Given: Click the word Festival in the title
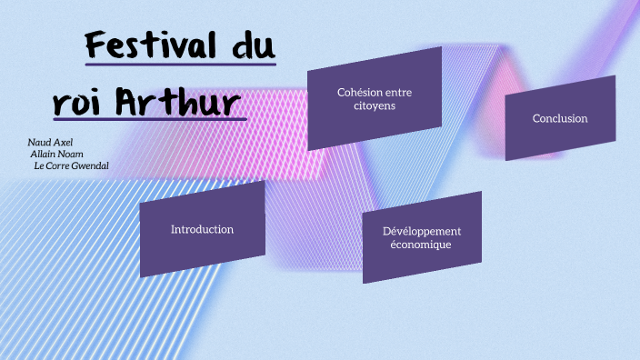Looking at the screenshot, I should point(150,45).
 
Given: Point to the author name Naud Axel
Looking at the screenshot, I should point(50,143).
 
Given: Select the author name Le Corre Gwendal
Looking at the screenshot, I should point(71,166).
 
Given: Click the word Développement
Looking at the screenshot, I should point(422,231).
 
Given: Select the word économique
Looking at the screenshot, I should point(421,245).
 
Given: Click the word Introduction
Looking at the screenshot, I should point(202,229).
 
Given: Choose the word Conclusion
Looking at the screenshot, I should point(560,118).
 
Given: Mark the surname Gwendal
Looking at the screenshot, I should point(88,166).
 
